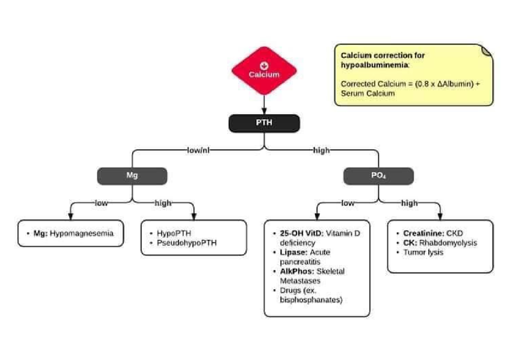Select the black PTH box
tap(264, 123)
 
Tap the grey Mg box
tap(132, 176)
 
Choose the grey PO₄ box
tap(378, 176)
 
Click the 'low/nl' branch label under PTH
tap(199, 150)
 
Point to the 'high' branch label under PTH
tap(321, 150)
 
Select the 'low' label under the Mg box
tap(101, 203)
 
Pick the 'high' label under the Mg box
tap(163, 203)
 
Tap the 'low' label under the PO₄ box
tap(347, 203)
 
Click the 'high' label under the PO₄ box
tap(409, 203)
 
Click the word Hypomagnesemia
tap(81, 233)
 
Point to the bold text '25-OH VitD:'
tap(302, 233)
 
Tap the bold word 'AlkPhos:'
tap(297, 271)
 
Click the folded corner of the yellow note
tap(487, 50)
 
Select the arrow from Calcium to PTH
tap(264, 104)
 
